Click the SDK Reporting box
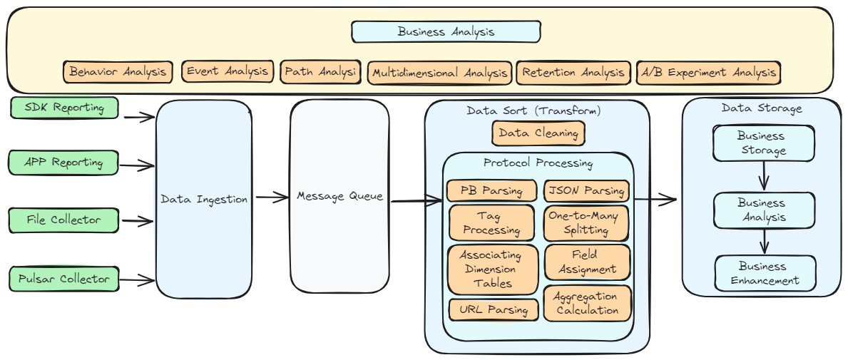click(64, 108)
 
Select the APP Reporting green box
click(63, 163)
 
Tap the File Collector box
click(63, 220)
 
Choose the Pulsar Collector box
click(63, 279)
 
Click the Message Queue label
click(339, 196)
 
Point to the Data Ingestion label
click(204, 200)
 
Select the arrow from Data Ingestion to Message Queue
click(272, 197)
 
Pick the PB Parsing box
click(492, 191)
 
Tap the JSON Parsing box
click(587, 191)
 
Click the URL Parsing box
click(494, 310)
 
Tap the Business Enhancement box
click(765, 274)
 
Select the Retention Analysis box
click(573, 73)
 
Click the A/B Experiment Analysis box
click(707, 73)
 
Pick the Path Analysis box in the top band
click(321, 72)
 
